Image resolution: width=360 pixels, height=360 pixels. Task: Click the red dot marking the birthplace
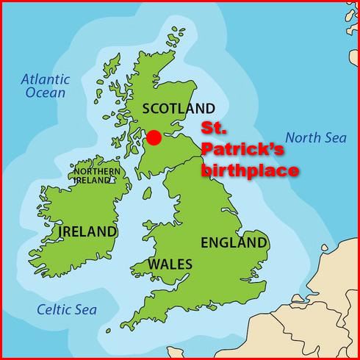[x=154, y=137]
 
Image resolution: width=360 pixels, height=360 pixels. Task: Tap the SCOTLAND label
[x=179, y=108]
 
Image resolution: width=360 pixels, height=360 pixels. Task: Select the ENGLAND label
[x=234, y=242]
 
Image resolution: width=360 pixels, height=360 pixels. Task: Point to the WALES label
[x=170, y=264]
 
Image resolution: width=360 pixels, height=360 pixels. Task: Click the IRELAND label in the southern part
[x=87, y=231]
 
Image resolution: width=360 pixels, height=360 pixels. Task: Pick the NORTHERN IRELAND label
[x=97, y=176]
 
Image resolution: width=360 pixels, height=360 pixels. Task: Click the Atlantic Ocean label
[x=46, y=85]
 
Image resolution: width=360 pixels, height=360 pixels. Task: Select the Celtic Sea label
[x=67, y=309]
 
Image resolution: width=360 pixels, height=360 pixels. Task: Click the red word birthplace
[x=251, y=171]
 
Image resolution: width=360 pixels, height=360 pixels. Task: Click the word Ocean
[x=46, y=93]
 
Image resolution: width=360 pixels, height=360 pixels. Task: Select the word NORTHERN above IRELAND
[x=97, y=171]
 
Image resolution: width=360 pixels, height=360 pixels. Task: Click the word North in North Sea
[x=303, y=137]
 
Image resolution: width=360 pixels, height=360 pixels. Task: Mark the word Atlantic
[x=46, y=79]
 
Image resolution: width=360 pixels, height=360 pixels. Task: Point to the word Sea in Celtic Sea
[x=85, y=309]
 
